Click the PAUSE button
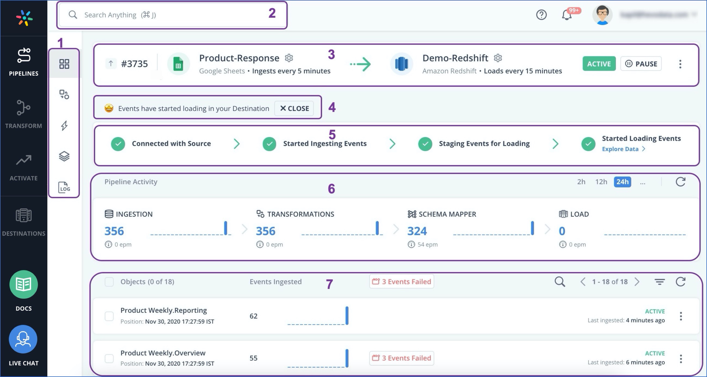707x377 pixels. pos(641,64)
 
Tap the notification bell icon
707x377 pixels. pos(567,15)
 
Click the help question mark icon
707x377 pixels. pos(541,15)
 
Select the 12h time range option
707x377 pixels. pos(601,182)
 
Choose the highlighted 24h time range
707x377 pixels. pos(622,182)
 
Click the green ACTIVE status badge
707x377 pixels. pos(599,64)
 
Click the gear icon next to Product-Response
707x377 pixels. pos(289,58)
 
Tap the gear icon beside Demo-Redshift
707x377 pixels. pos(497,58)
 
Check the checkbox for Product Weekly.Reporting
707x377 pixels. pos(109,316)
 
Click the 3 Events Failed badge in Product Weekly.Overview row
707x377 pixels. pos(401,358)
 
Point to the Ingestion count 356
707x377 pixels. pos(114,231)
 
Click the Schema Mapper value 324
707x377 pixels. pos(417,231)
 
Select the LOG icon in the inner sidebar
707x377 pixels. pos(64,187)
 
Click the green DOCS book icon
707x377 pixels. pos(24,284)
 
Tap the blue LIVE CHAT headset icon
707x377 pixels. pos(23,339)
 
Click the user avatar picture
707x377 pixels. pos(602,15)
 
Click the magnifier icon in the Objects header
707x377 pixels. pos(560,282)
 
